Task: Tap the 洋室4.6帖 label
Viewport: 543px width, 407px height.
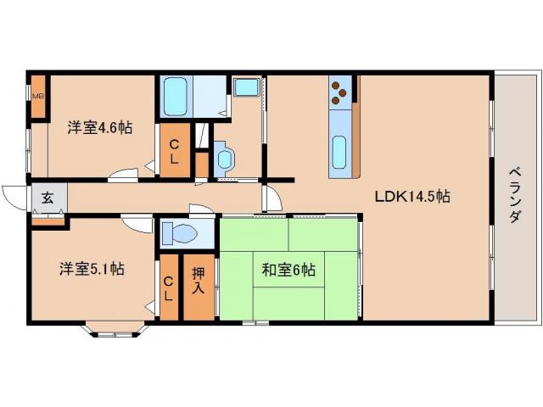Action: point(100,128)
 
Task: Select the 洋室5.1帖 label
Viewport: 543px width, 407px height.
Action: point(92,269)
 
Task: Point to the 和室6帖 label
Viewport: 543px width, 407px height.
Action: point(288,270)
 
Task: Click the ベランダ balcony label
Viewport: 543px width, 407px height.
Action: point(515,192)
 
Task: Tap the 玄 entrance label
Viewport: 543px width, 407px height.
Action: point(48,199)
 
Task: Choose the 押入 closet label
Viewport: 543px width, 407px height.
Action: point(198,281)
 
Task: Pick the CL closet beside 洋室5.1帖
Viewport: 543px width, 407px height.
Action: point(168,288)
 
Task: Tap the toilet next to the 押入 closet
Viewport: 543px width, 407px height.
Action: point(179,232)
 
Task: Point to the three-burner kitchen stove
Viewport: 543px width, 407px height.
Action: point(339,91)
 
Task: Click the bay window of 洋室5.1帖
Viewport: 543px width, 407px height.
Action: point(114,329)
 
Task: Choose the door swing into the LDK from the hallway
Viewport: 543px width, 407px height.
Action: point(271,199)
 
